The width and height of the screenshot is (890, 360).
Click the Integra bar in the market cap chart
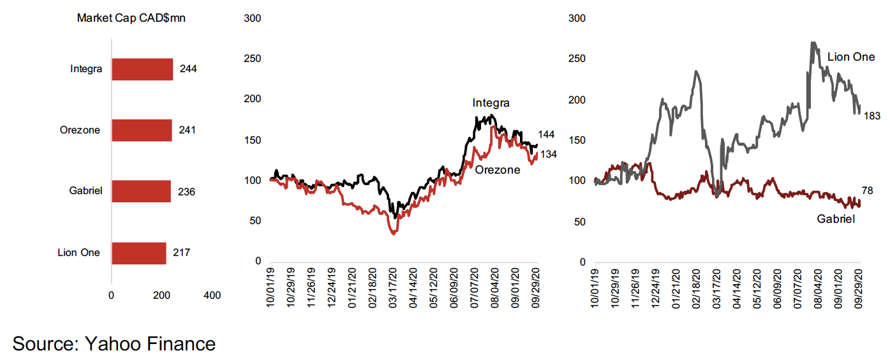[142, 69]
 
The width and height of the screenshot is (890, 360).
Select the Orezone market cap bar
[142, 130]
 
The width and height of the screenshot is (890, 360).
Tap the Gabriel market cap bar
[141, 191]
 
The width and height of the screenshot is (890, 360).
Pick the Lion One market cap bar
[138, 253]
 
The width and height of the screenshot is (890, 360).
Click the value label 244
[188, 69]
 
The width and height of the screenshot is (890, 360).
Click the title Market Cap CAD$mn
[131, 18]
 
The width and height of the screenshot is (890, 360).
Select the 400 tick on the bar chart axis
[212, 296]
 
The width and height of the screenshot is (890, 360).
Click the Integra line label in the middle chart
[491, 103]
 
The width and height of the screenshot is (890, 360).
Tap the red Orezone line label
[498, 170]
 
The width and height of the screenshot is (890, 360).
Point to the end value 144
[547, 135]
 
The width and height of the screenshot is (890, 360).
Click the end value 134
[547, 154]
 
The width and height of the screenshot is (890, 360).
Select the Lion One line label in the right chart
[851, 57]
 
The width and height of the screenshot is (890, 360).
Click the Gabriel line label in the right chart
[836, 219]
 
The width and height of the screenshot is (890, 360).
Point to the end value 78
[867, 190]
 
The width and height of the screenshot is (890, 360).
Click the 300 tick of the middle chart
[253, 19]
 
